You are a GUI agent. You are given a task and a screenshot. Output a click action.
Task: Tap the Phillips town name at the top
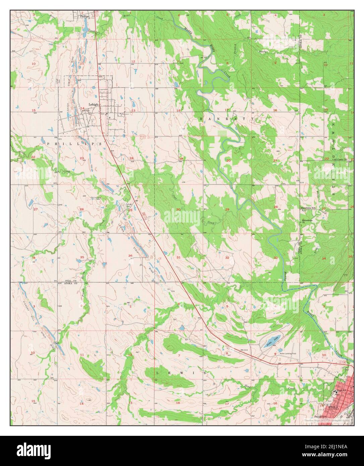tap(86, 15)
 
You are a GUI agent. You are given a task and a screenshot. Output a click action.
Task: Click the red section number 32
tap(227, 257)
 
